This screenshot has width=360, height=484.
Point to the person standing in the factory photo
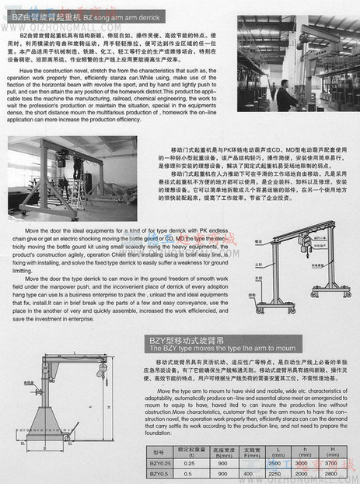click(x=285, y=96)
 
